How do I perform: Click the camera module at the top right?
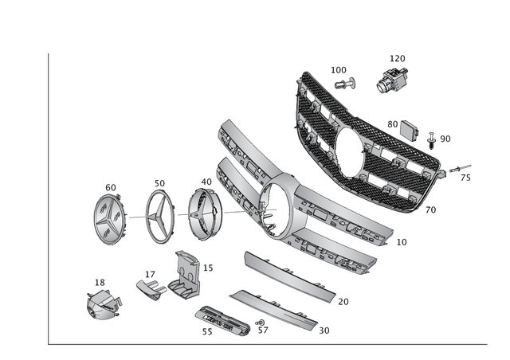click(393, 79)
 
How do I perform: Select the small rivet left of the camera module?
click(343, 82)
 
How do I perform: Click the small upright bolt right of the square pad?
click(431, 143)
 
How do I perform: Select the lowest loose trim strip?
click(271, 310)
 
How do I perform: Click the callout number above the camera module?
click(397, 58)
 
